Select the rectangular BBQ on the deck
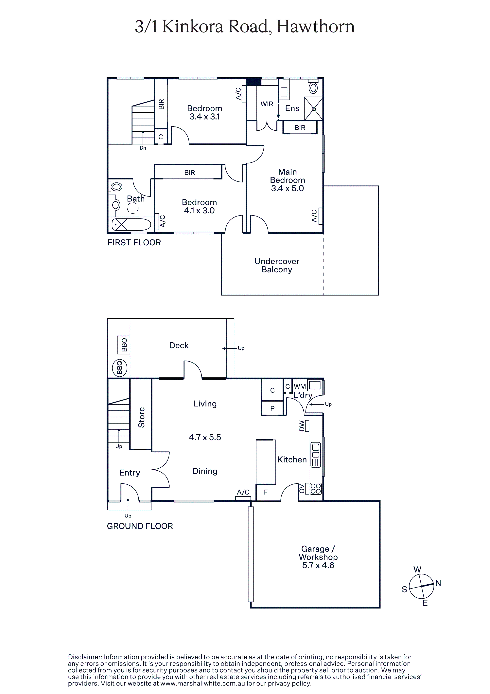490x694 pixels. click(124, 345)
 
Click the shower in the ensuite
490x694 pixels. click(313, 108)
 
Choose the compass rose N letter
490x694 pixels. click(438, 583)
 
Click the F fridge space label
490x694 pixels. click(266, 492)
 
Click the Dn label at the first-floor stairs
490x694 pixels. click(143, 148)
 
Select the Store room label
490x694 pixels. click(141, 417)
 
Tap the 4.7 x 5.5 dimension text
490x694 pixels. click(205, 437)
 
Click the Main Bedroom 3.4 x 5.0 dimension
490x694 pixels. click(287, 188)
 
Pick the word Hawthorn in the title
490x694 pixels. click(315, 27)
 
